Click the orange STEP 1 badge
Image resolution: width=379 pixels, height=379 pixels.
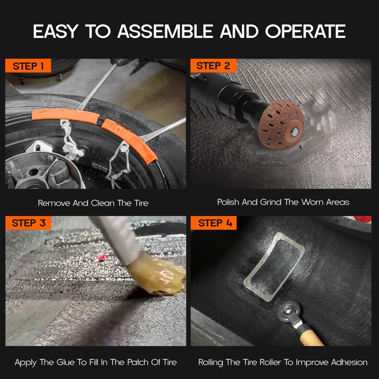click(x=28, y=66)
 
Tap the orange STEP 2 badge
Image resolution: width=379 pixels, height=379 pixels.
click(x=214, y=66)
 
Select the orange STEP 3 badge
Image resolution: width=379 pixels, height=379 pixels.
click(x=28, y=223)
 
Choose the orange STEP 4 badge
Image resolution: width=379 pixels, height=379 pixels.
click(x=214, y=223)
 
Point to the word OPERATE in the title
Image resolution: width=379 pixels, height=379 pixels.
click(x=305, y=31)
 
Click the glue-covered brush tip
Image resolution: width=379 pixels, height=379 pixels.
click(x=161, y=280)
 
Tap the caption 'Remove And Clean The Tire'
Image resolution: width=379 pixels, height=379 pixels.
click(x=93, y=203)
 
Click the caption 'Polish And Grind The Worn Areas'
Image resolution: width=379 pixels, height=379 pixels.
click(x=283, y=202)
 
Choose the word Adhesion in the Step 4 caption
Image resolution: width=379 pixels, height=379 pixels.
click(x=348, y=362)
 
